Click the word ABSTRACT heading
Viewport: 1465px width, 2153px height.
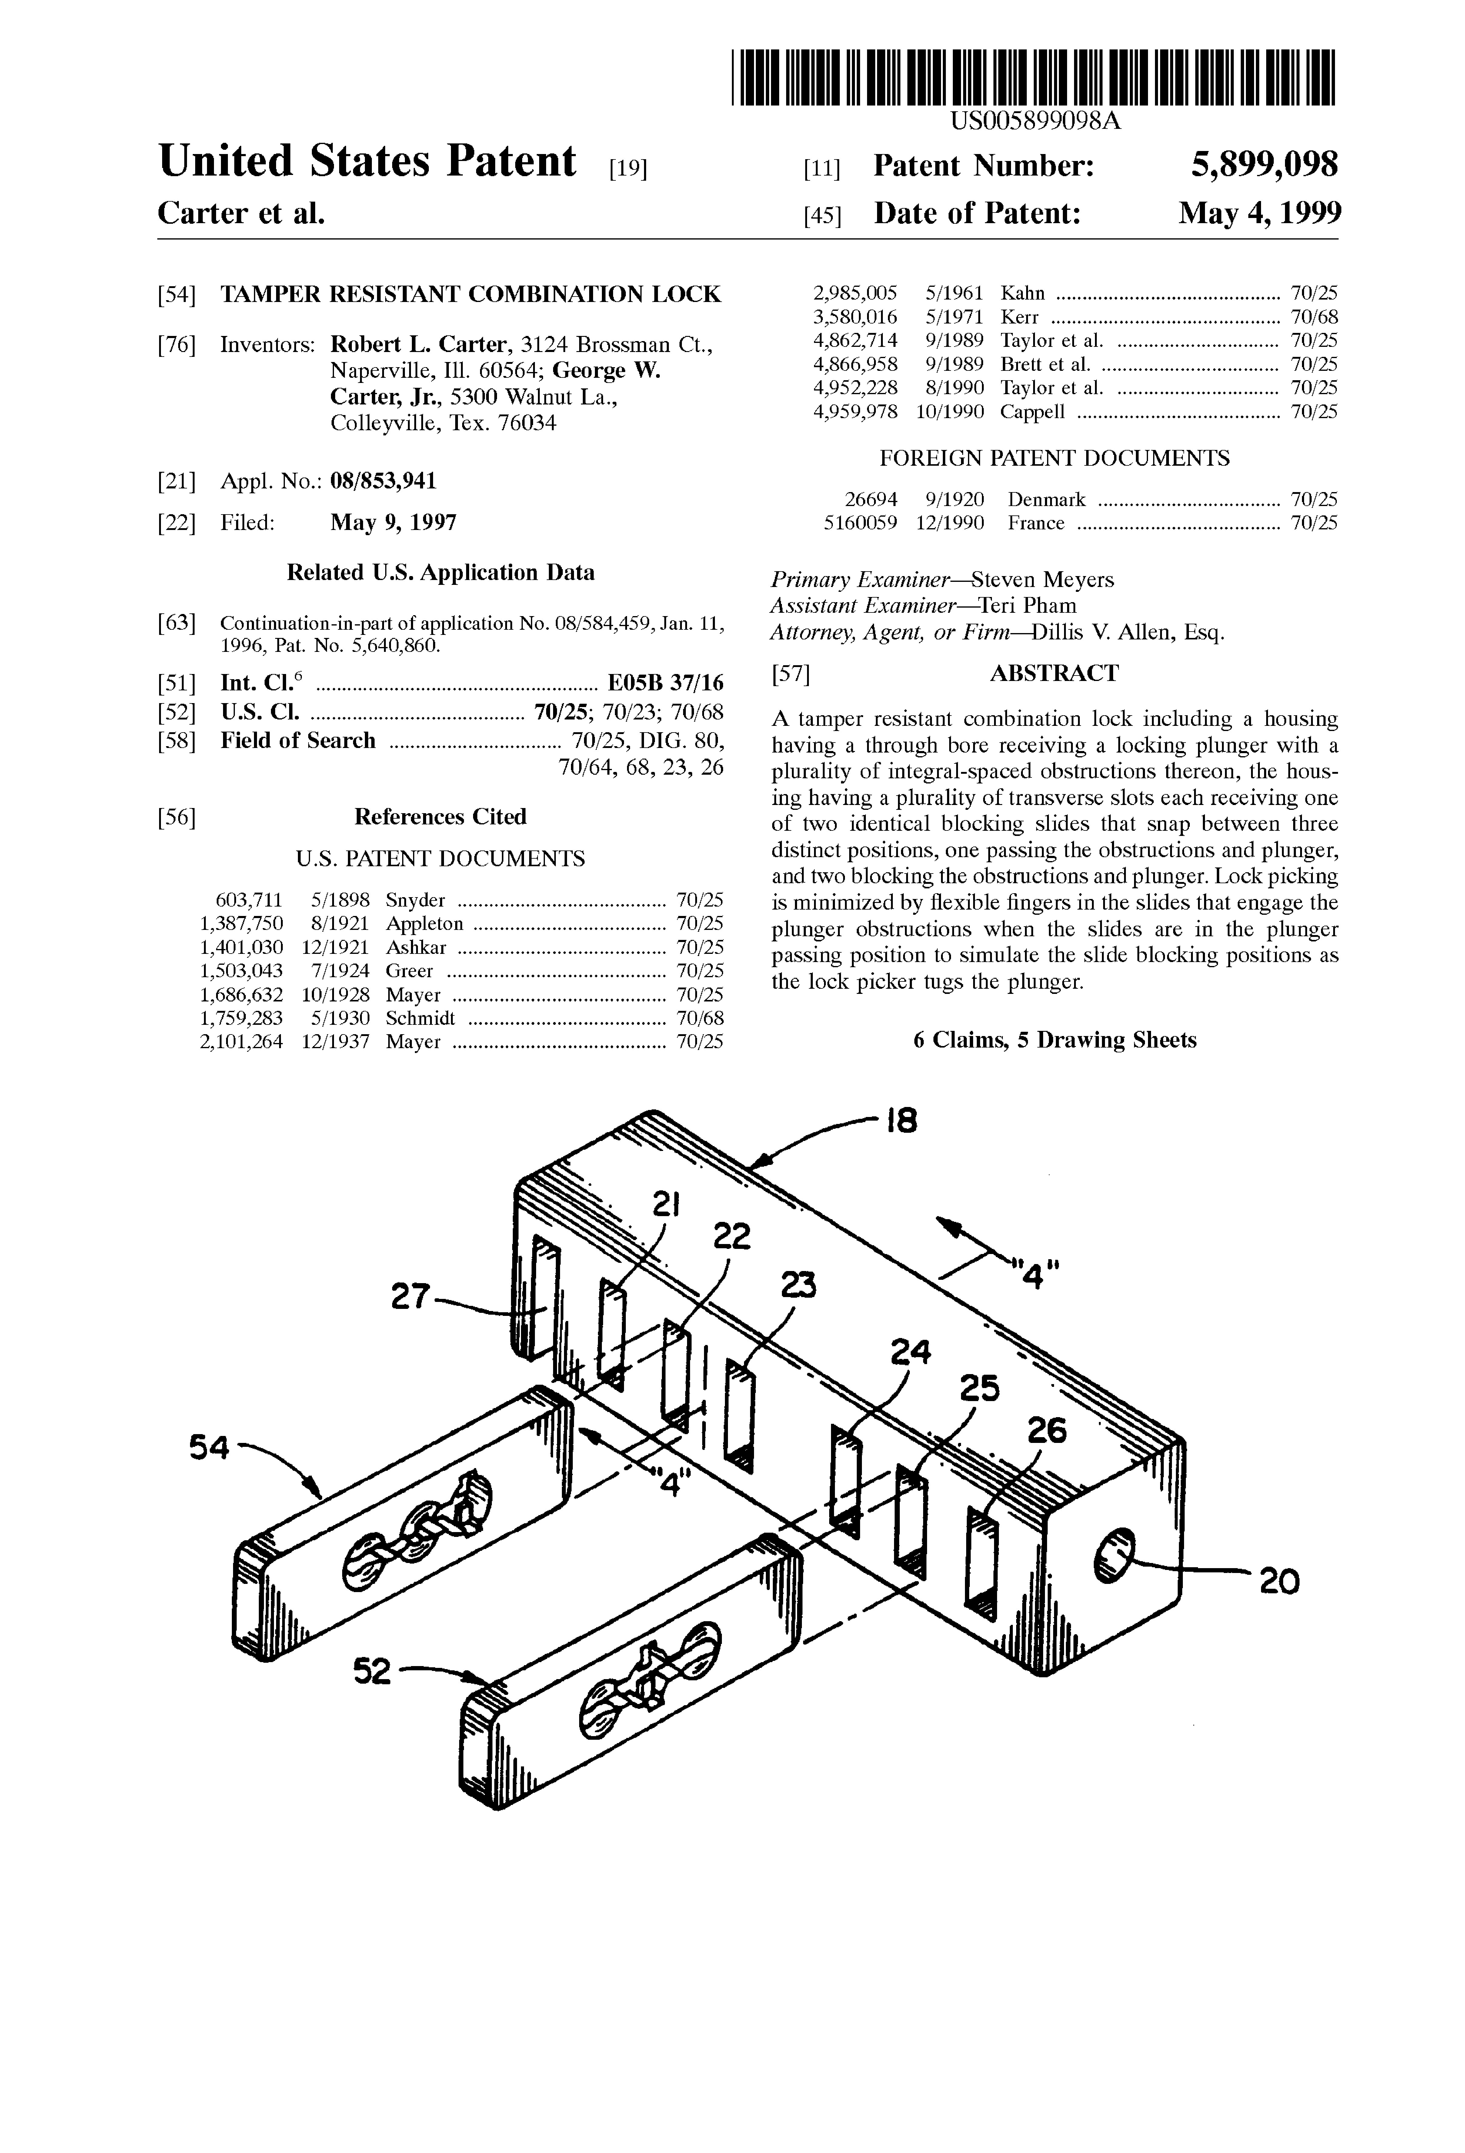(x=1054, y=673)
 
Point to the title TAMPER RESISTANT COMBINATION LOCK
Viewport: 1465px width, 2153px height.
(x=470, y=295)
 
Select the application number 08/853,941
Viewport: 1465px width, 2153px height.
(x=383, y=481)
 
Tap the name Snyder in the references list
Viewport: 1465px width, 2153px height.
(x=415, y=900)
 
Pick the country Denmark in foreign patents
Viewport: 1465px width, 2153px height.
(x=1046, y=499)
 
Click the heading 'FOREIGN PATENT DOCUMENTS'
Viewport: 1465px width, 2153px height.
(x=1054, y=458)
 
